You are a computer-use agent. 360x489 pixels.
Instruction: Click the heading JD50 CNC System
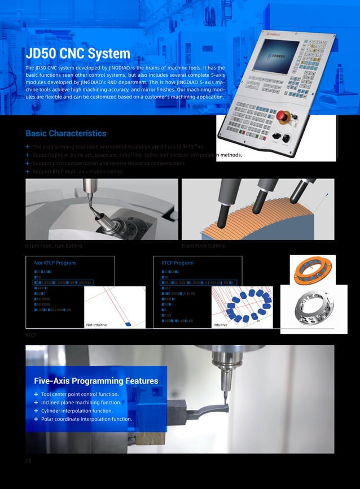point(78,54)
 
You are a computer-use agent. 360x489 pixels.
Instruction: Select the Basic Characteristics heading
point(65,134)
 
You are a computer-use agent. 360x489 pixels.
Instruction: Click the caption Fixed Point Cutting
point(203,246)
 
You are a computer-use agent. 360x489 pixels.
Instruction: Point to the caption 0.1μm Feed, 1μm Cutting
point(54,246)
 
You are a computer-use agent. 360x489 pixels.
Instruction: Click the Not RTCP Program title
point(55,263)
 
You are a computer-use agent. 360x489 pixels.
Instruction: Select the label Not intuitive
point(96,325)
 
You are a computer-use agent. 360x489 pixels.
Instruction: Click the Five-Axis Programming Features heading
point(96,381)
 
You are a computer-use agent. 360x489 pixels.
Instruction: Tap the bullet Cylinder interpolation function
point(77,411)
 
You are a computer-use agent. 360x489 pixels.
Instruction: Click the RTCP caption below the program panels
point(31,335)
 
